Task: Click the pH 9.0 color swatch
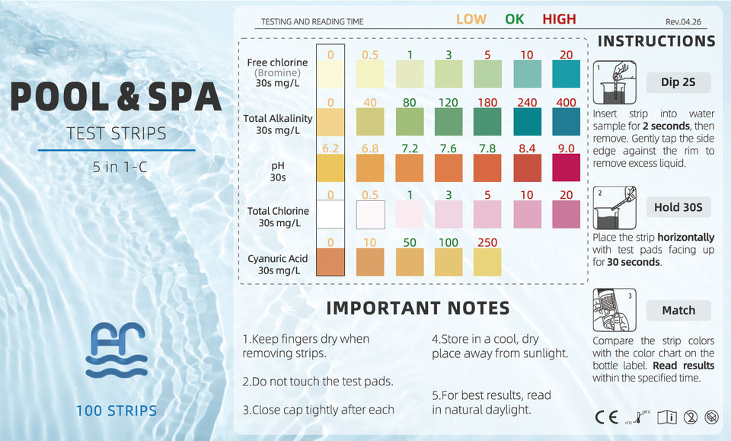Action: (x=566, y=168)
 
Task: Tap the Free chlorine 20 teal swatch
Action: (x=566, y=74)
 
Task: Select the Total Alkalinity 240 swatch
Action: (x=527, y=122)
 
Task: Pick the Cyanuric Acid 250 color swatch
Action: (x=487, y=262)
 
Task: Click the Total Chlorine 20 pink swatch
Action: (x=566, y=215)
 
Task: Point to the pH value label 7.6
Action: (x=448, y=149)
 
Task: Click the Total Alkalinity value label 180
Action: (x=487, y=102)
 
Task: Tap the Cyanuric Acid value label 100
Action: (x=448, y=242)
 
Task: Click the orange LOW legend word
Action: (x=471, y=19)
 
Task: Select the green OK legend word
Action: (x=514, y=19)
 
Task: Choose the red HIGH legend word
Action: (x=559, y=19)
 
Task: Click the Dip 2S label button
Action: (x=678, y=82)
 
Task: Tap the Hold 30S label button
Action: (x=678, y=207)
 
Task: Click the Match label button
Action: (x=678, y=310)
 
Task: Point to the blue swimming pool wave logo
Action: (x=117, y=350)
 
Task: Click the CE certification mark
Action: (x=607, y=417)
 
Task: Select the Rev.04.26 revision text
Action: (x=683, y=22)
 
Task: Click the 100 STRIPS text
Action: (x=117, y=411)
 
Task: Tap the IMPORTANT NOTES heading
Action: (x=418, y=308)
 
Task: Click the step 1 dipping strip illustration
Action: (x=614, y=82)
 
